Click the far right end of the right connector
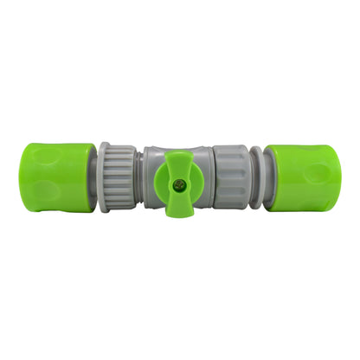(340, 177)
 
